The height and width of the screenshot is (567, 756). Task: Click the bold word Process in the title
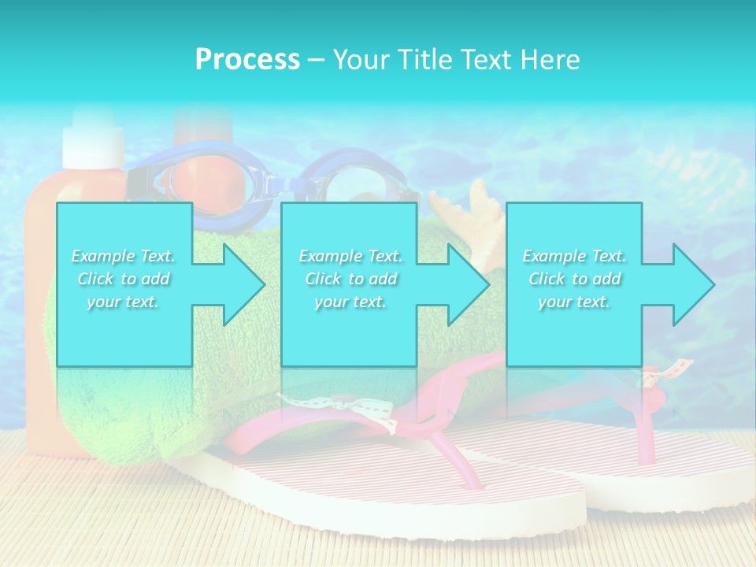[x=247, y=60]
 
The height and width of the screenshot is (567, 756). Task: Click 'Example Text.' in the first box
[x=124, y=256]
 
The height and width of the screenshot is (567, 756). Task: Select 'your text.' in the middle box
[x=350, y=302]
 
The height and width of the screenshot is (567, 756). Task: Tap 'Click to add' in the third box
[x=574, y=279]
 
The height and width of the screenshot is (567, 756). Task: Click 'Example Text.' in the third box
[x=574, y=256]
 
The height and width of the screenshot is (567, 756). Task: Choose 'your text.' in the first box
[x=124, y=302]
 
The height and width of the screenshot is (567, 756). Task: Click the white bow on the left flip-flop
[x=370, y=409]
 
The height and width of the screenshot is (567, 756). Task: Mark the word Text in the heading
[x=480, y=60]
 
